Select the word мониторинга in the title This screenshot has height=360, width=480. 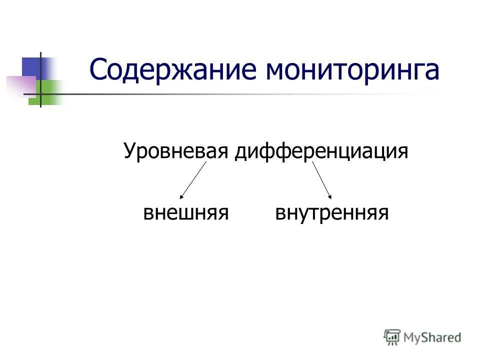[x=352, y=70]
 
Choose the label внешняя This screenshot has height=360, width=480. [x=186, y=213]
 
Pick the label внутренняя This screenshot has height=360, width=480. [x=332, y=213]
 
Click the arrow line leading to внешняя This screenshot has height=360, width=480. [x=193, y=179]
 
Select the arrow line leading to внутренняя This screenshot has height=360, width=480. [x=321, y=179]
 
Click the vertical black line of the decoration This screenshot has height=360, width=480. [x=40, y=80]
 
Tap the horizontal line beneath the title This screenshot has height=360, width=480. [x=225, y=94]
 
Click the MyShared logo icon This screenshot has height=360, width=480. [x=392, y=337]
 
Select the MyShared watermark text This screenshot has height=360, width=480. [x=432, y=337]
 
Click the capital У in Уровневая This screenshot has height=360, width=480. [x=129, y=151]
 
